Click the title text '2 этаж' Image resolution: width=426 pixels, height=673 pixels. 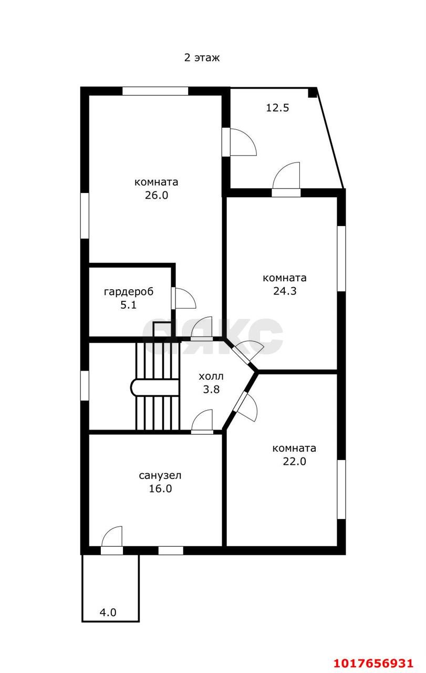coord(202,57)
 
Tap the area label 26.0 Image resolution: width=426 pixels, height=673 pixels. coord(157,195)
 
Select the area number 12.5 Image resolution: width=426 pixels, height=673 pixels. coord(277,108)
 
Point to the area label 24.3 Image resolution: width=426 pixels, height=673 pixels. coord(285,291)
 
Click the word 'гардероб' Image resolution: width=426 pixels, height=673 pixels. coord(129,292)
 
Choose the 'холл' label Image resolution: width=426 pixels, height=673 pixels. coord(211,376)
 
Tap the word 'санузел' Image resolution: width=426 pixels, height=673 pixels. coord(160,476)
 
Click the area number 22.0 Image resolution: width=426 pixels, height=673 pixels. coord(294,461)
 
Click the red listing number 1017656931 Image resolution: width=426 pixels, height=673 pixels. coord(374,661)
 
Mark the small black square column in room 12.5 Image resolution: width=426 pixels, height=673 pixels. coord(312,93)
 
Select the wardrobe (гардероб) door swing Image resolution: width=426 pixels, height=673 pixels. coord(184,298)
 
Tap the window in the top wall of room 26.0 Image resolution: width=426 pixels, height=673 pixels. coord(155,91)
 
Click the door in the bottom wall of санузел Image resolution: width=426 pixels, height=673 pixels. coord(112,540)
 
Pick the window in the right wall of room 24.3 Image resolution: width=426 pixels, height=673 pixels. coord(341,258)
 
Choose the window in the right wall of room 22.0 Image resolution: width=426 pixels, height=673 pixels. coord(341,489)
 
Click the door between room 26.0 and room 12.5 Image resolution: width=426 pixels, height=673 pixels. coord(240,142)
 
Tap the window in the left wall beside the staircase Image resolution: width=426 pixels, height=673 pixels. coord(85,385)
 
